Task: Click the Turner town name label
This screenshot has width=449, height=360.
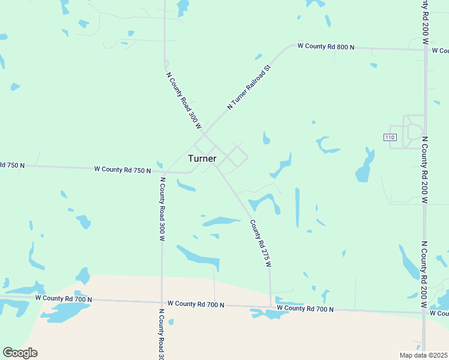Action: click(x=202, y=158)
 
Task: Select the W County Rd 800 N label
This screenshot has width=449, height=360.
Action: click(x=326, y=46)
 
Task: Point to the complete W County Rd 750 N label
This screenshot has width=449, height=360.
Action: click(x=122, y=170)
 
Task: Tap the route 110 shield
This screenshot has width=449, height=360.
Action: click(x=390, y=137)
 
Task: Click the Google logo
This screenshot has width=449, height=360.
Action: click(x=20, y=353)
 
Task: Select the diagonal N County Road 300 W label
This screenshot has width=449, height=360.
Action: click(x=183, y=100)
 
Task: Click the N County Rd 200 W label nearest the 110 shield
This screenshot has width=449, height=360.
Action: click(x=424, y=170)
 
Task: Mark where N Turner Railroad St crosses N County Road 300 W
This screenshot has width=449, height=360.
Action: click(x=204, y=133)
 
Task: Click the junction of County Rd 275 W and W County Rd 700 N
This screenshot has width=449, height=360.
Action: click(x=271, y=307)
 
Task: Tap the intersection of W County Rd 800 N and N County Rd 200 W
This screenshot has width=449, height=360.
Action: click(x=424, y=50)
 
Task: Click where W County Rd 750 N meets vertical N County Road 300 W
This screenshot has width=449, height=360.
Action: click(x=161, y=172)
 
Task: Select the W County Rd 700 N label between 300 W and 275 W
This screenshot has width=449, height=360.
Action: click(x=196, y=304)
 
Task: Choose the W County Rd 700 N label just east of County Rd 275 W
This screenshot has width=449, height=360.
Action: click(x=305, y=309)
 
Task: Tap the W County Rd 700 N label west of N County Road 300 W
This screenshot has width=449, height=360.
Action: click(x=64, y=298)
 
